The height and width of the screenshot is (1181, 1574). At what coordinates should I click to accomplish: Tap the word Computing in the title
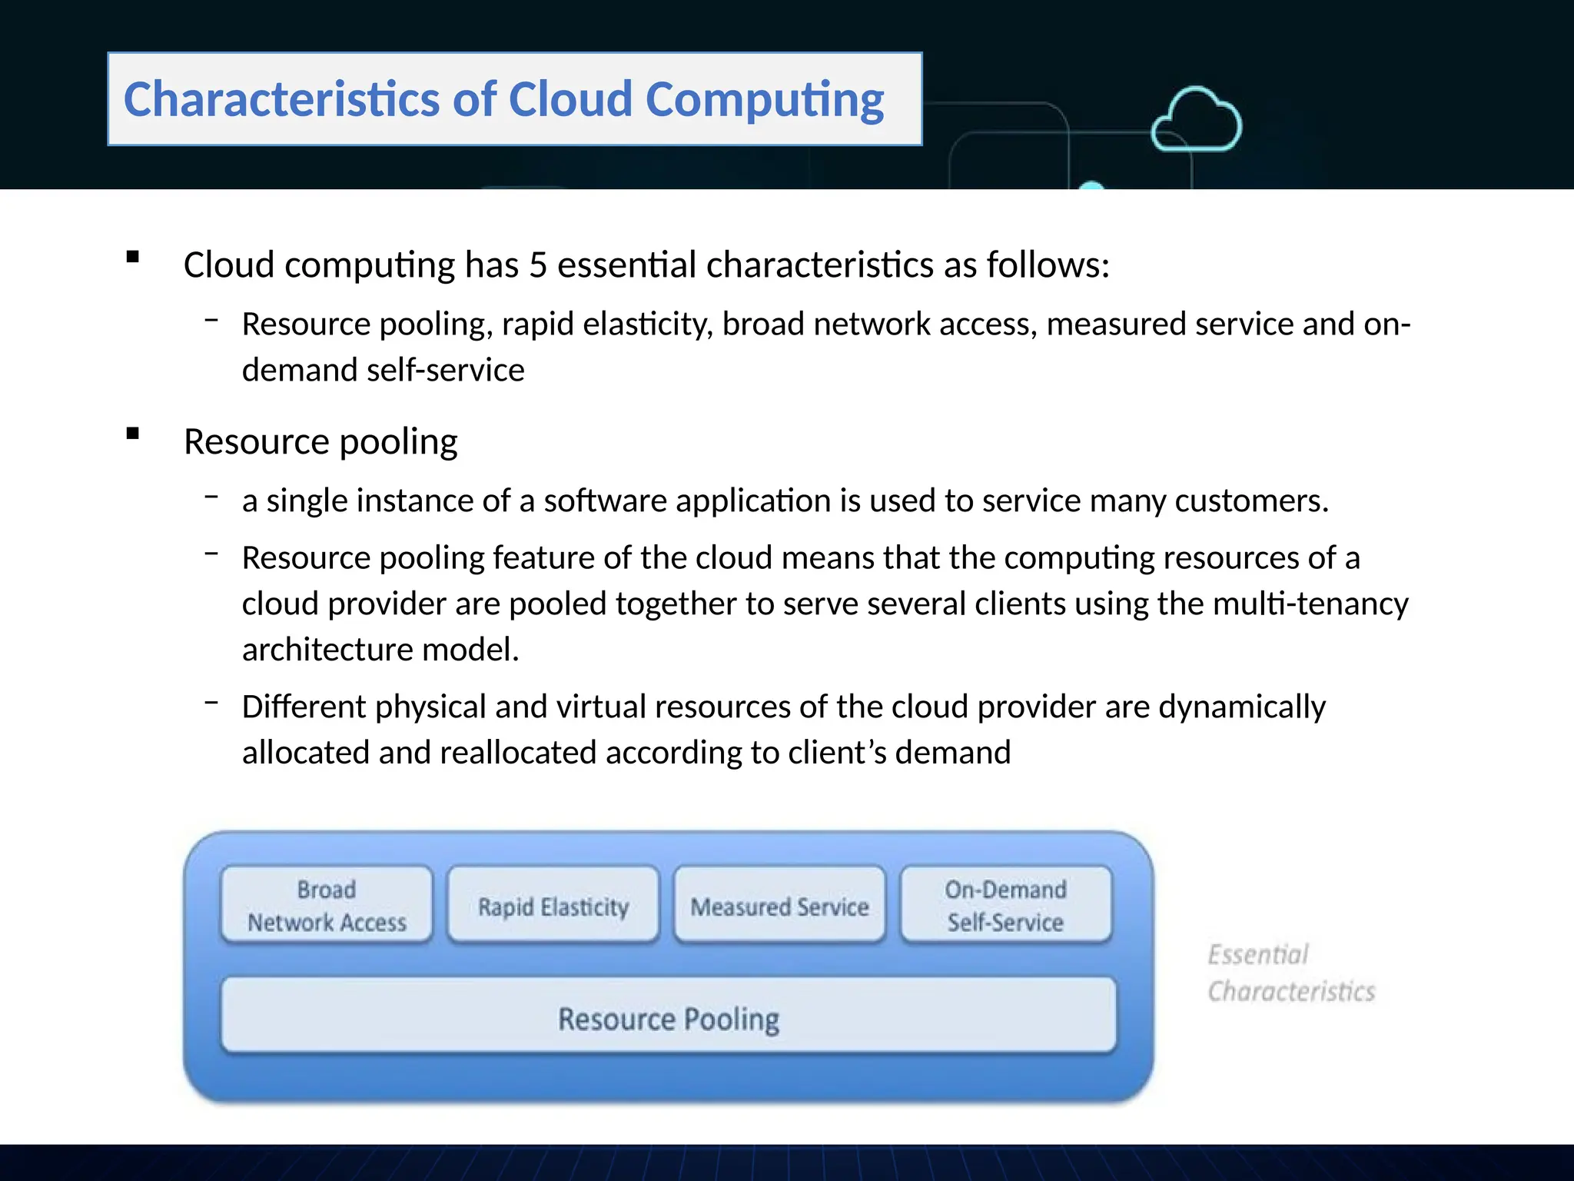pyautogui.click(x=765, y=100)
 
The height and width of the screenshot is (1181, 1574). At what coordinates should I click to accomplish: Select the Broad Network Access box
pyautogui.click(x=327, y=905)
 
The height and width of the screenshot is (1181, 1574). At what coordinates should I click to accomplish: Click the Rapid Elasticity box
pyautogui.click(x=553, y=906)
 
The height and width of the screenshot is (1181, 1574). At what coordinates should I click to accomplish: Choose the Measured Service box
pyautogui.click(x=779, y=906)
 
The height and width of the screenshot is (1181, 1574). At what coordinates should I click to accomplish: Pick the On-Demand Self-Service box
pyautogui.click(x=1005, y=905)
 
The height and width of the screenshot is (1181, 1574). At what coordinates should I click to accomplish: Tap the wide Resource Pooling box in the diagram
pyautogui.click(x=668, y=1017)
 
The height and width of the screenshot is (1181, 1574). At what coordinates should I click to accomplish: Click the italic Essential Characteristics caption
pyautogui.click(x=1290, y=973)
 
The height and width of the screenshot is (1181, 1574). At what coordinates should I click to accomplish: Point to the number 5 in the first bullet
pyautogui.click(x=537, y=265)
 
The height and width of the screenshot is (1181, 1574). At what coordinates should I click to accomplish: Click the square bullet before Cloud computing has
pyautogui.click(x=133, y=257)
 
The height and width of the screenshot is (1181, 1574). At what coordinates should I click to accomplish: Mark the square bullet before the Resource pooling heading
pyautogui.click(x=133, y=434)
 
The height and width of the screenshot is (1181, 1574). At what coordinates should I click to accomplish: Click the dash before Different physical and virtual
pyautogui.click(x=211, y=701)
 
